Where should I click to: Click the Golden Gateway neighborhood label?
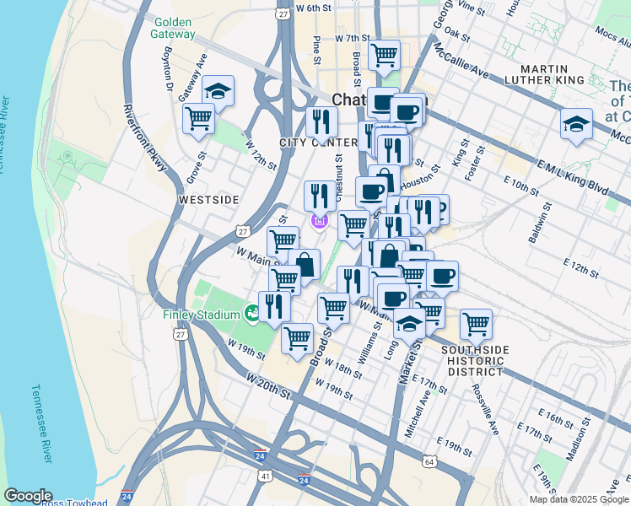(x=172, y=28)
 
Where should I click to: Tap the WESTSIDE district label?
(x=209, y=200)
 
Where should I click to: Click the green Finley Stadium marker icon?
(x=252, y=314)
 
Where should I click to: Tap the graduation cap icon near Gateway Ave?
(x=218, y=90)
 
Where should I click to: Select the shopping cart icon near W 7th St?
(x=384, y=56)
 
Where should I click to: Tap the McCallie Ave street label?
(x=460, y=61)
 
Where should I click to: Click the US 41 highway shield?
(x=266, y=476)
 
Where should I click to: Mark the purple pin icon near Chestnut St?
(x=319, y=222)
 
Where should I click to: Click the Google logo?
(x=28, y=496)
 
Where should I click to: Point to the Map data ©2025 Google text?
(x=579, y=499)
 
